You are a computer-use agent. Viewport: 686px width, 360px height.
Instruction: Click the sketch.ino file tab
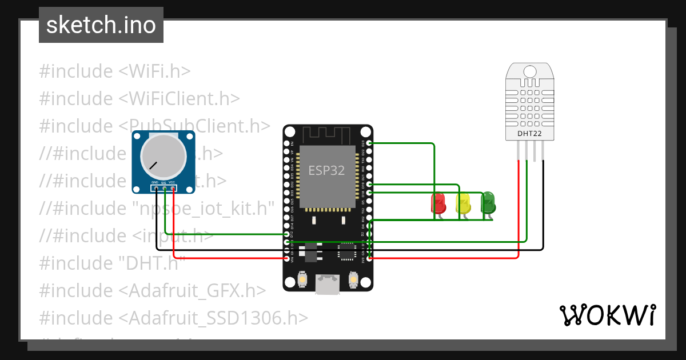[x=101, y=25]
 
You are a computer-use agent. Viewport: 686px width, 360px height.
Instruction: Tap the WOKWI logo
[x=607, y=315]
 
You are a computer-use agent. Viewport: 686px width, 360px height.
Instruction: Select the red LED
[x=438, y=203]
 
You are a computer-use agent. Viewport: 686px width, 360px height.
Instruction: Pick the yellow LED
[x=463, y=203]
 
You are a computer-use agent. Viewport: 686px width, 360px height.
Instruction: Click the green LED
[x=488, y=202]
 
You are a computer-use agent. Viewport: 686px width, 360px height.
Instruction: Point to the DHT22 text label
[x=529, y=134]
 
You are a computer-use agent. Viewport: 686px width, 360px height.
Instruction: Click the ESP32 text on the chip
[x=326, y=170]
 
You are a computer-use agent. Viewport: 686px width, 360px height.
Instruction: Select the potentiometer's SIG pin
[x=164, y=187]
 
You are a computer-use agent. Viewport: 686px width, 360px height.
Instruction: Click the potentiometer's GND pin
[x=155, y=187]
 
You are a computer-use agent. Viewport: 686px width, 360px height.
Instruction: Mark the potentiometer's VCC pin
[x=173, y=187]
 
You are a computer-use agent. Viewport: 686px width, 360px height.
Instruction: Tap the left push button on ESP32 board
[x=302, y=279]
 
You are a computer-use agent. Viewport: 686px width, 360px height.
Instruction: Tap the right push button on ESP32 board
[x=353, y=279]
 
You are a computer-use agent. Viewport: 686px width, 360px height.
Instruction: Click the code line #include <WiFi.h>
[x=114, y=71]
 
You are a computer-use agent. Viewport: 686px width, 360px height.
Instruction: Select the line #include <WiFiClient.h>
[x=139, y=98]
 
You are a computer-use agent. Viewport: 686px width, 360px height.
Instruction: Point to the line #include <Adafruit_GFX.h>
[x=152, y=290]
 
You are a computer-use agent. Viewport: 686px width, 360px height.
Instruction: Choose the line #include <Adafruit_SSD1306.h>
[x=173, y=317]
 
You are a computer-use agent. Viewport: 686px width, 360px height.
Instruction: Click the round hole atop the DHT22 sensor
[x=530, y=71]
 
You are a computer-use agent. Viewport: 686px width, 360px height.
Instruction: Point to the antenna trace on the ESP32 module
[x=326, y=135]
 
